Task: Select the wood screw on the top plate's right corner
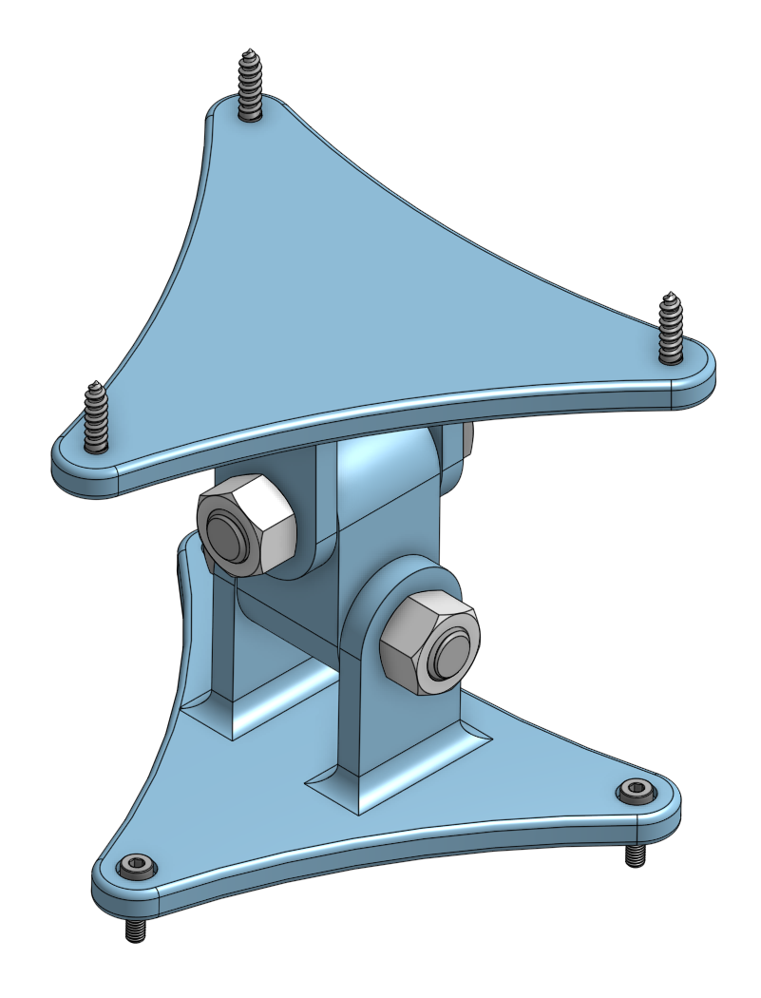pos(671,329)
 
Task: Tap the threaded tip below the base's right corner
pos(634,855)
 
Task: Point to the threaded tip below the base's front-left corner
pos(136,930)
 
